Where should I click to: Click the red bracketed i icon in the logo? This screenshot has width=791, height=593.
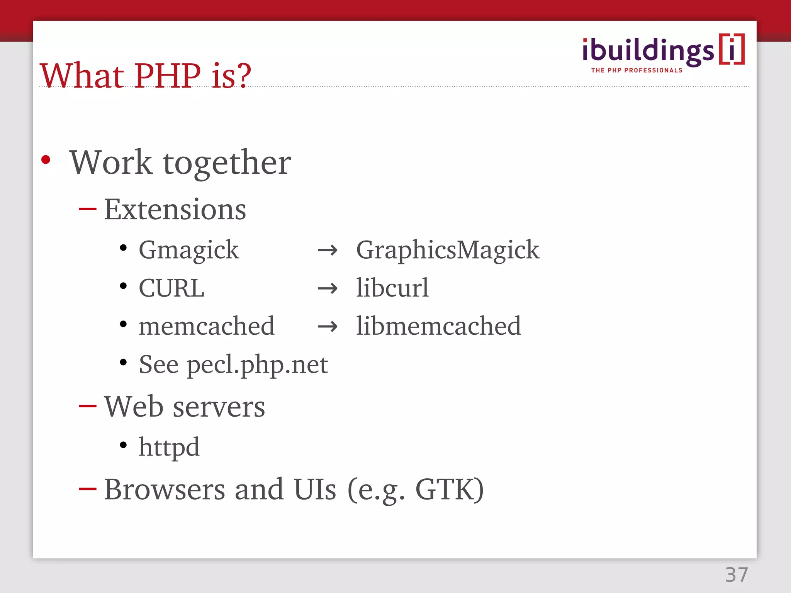click(x=732, y=49)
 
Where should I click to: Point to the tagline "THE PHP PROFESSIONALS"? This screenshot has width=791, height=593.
click(x=637, y=70)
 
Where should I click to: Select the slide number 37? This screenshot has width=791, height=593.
click(x=737, y=575)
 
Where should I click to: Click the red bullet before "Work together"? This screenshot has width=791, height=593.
click(x=46, y=159)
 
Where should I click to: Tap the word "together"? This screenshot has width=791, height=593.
click(x=227, y=163)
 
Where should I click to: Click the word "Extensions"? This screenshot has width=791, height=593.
click(x=175, y=210)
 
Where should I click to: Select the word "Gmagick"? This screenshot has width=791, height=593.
click(x=189, y=250)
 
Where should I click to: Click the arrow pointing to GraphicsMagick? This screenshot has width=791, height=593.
click(x=328, y=251)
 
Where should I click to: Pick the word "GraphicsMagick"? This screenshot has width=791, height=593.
click(x=448, y=250)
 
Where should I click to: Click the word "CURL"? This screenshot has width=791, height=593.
click(x=171, y=288)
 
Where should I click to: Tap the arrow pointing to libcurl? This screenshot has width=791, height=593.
click(x=328, y=288)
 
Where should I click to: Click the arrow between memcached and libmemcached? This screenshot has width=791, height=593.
click(x=328, y=327)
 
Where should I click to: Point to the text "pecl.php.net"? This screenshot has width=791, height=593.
click(x=257, y=365)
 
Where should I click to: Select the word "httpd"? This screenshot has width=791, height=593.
click(x=169, y=447)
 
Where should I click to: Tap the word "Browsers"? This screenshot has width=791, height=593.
click(x=165, y=489)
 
